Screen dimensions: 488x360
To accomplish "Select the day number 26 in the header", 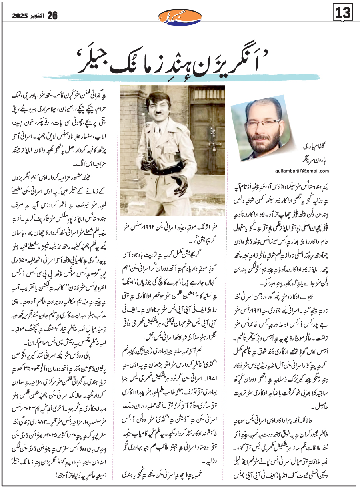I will pyautogui.click(x=52, y=15).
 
